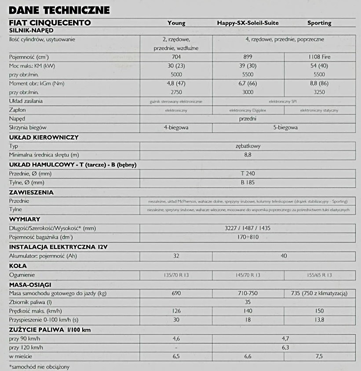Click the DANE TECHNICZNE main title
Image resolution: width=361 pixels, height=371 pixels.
point(59,10)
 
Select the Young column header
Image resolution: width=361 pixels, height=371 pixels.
point(176,23)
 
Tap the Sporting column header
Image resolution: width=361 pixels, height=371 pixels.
point(319,23)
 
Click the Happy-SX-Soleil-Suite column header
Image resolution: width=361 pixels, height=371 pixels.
point(248,23)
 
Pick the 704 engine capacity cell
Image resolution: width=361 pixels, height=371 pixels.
point(176,57)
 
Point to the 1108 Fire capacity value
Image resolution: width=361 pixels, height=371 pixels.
point(319,57)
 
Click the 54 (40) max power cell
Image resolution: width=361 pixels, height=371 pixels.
point(319,66)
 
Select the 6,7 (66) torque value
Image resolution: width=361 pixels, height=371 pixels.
point(248,83)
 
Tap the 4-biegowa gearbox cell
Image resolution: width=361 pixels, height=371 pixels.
point(176,128)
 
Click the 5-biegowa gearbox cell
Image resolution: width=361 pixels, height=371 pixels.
point(284,128)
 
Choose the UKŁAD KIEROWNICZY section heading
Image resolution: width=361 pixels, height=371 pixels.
point(44,137)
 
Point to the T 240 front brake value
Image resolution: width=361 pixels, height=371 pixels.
point(248,173)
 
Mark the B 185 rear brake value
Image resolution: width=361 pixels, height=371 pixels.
point(248,182)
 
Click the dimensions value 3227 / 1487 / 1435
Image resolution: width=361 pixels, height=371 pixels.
point(248,228)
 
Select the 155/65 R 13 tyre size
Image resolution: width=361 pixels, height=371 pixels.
point(319,275)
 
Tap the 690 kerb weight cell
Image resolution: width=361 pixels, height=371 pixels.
point(176,293)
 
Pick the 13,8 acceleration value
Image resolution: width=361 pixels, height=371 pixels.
point(319,320)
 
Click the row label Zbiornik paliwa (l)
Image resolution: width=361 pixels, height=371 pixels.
point(30,302)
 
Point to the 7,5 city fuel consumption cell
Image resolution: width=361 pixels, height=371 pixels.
point(319,357)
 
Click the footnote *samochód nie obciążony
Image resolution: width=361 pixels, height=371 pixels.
point(39,367)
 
